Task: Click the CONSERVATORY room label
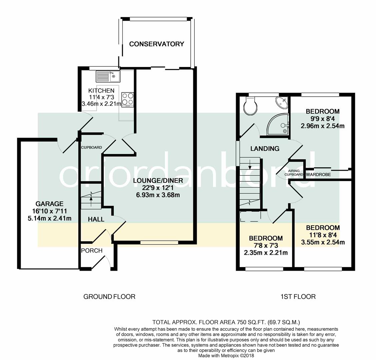[x=157, y=44]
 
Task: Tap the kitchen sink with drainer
[x=108, y=76]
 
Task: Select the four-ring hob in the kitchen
[x=128, y=100]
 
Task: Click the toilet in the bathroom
[x=250, y=106]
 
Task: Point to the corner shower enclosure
[x=277, y=124]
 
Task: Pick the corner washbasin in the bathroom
[x=282, y=103]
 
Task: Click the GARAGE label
[x=50, y=204]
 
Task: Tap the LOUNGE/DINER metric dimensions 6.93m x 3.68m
[x=158, y=195]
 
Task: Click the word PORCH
[x=92, y=251]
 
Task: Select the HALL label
[x=96, y=219]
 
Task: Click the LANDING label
[x=265, y=149]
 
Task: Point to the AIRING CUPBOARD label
[x=294, y=173]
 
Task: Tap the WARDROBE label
[x=319, y=175]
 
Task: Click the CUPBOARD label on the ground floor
[x=91, y=147]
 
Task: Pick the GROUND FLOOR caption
[x=109, y=297]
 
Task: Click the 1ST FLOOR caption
[x=298, y=297]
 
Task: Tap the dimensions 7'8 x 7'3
[x=266, y=246]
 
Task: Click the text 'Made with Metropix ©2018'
[x=226, y=356]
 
